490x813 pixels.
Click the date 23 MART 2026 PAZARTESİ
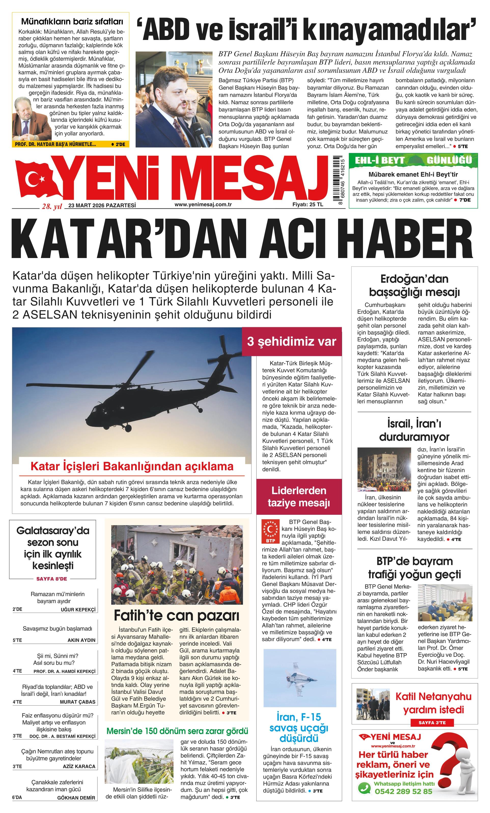tap(102, 205)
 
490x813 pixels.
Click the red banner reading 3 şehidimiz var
tap(292, 341)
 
